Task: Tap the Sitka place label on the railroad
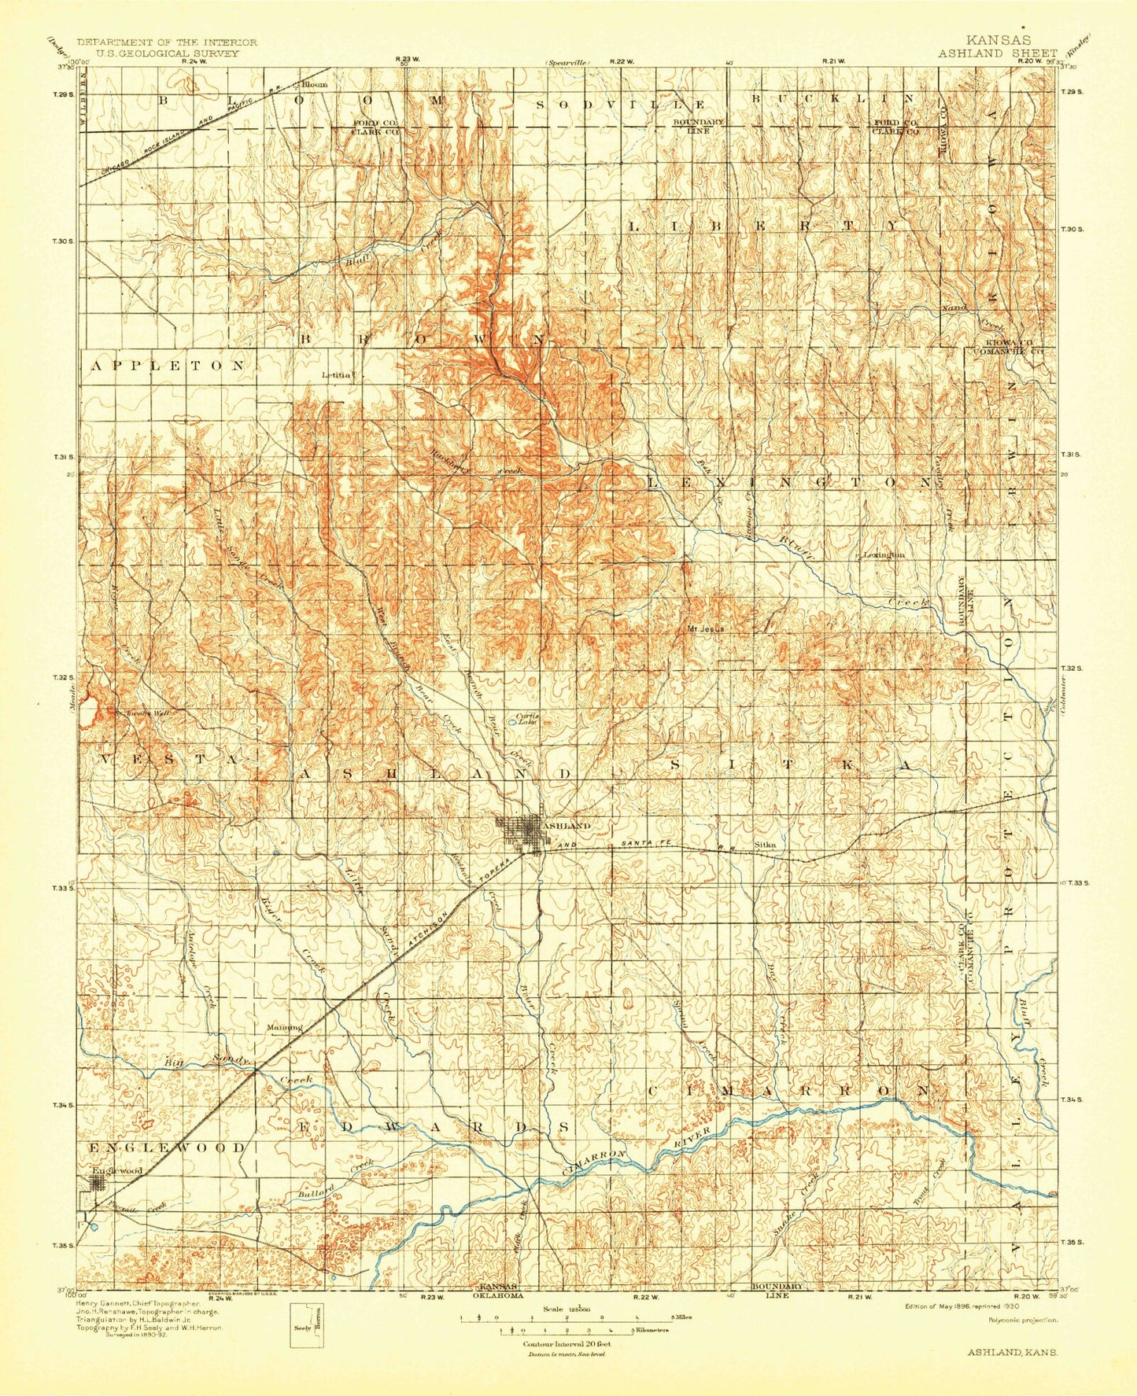click(765, 845)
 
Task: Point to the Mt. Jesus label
click(706, 628)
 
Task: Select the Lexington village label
click(884, 554)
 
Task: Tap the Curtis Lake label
click(526, 718)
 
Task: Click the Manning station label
click(284, 1027)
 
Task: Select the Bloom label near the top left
click(314, 83)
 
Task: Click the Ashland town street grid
click(519, 832)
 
